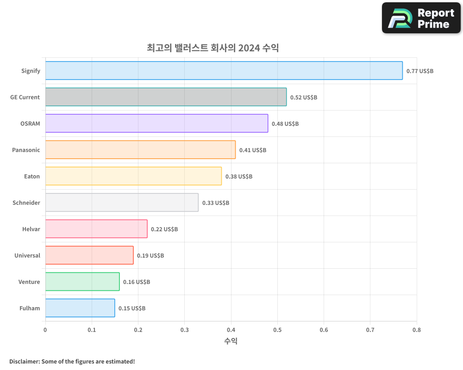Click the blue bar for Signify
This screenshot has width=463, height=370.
click(x=224, y=71)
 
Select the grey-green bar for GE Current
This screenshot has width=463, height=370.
click(x=166, y=97)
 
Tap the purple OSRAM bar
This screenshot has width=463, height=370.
click(x=156, y=123)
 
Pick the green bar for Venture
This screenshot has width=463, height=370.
click(x=82, y=282)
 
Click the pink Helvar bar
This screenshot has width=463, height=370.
click(x=96, y=229)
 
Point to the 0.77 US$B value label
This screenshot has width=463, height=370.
click(x=419, y=71)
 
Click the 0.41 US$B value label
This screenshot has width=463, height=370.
click(x=252, y=150)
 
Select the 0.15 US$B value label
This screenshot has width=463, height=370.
click(x=131, y=308)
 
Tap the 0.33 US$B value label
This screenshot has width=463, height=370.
click(x=215, y=203)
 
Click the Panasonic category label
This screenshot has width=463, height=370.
click(x=26, y=150)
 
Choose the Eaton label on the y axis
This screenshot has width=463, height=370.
click(x=32, y=176)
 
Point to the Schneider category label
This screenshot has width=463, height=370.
click(x=26, y=203)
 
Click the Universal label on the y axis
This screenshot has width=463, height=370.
click(x=27, y=255)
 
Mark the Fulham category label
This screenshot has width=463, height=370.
click(x=30, y=308)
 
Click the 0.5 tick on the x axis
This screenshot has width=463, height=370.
click(x=277, y=330)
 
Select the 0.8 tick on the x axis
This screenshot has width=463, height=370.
click(x=416, y=330)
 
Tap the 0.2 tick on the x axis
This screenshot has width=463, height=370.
click(x=138, y=330)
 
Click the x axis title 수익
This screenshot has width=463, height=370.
click(x=231, y=341)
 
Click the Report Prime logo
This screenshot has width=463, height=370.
click(x=421, y=18)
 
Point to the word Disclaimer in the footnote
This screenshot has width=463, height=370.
click(x=24, y=361)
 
